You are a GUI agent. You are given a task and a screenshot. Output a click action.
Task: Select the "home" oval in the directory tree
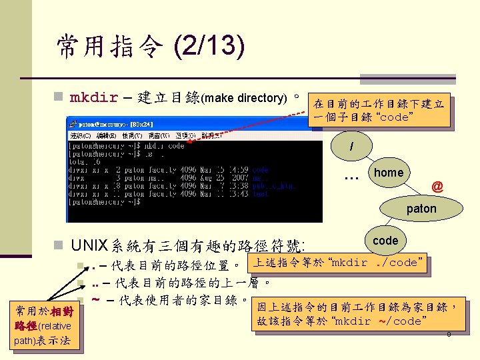(389, 173)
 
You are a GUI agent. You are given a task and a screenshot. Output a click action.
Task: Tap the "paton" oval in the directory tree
(421, 209)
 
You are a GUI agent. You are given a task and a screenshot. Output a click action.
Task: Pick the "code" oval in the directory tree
(385, 241)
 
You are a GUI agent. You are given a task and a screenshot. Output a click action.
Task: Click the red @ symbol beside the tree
(437, 187)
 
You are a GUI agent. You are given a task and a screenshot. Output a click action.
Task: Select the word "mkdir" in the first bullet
(94, 98)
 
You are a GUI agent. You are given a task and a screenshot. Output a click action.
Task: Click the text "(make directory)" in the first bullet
(247, 99)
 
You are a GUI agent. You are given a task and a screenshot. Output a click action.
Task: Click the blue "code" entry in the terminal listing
(261, 170)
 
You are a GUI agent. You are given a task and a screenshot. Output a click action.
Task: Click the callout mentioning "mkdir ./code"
(337, 262)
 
